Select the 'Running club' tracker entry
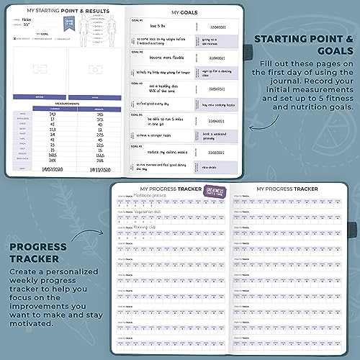click(x=149, y=232)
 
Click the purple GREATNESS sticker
click(x=217, y=194)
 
